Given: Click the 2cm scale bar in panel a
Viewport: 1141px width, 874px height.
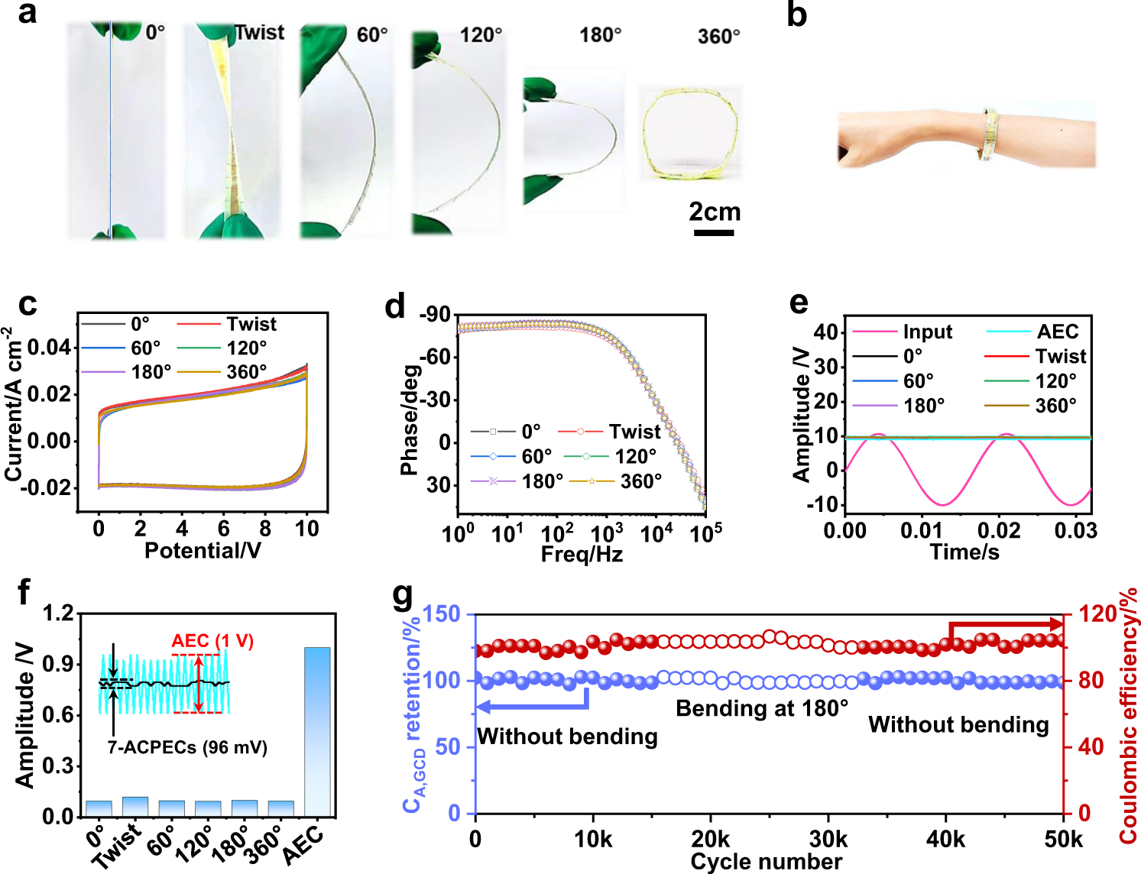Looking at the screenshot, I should click(714, 232).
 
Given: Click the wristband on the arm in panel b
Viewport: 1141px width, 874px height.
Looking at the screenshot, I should click(990, 134).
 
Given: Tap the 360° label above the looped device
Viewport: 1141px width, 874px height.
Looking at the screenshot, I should click(718, 37).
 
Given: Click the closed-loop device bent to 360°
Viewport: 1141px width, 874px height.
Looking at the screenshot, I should click(690, 134).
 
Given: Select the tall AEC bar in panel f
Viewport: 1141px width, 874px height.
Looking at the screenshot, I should click(317, 731).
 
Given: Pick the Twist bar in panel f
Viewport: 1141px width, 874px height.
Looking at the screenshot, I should click(135, 807).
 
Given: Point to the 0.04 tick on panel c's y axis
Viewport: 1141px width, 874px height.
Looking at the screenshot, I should click(48, 348).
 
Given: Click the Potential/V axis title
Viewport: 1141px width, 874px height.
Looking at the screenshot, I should click(203, 550).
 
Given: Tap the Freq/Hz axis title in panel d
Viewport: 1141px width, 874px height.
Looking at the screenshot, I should click(582, 554).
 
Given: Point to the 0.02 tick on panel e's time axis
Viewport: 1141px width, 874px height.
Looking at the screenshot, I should click(999, 530).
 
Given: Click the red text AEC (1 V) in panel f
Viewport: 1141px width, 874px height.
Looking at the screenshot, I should click(212, 640).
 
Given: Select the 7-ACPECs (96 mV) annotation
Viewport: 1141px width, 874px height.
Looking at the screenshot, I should click(187, 747).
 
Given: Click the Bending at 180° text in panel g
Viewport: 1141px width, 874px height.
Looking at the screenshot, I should click(761, 708).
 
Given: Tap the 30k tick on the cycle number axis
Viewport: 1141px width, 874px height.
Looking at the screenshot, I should click(828, 839).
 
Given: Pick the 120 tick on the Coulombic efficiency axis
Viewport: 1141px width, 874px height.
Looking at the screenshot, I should click(1097, 613).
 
